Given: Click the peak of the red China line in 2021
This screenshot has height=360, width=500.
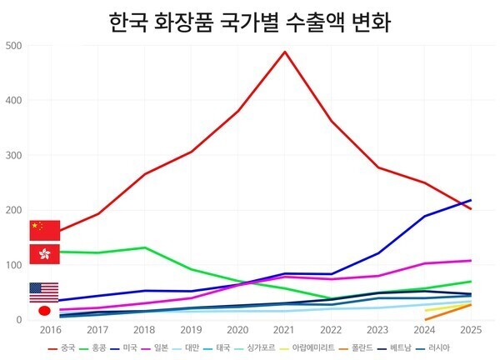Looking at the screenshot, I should [285, 52].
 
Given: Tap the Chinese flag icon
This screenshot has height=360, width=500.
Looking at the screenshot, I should [44, 230].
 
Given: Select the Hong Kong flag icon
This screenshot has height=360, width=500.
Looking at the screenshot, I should [44, 254].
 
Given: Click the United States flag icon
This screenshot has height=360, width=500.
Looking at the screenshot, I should [44, 292].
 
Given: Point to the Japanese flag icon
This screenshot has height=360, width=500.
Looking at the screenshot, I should [44, 311].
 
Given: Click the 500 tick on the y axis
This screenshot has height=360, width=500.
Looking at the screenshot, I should [14, 45].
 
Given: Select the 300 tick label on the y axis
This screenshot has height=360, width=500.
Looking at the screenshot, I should [14, 155].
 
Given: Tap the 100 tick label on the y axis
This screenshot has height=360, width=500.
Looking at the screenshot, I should [14, 265].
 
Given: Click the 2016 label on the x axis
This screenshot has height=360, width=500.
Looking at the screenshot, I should [52, 330].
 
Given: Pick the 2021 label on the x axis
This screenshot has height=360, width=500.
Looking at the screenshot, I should [285, 330].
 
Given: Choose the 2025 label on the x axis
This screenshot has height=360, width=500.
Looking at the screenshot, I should [471, 330].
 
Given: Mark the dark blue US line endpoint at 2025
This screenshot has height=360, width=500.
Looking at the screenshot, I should [471, 200].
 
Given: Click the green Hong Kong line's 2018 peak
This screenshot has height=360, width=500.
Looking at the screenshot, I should [145, 247].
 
